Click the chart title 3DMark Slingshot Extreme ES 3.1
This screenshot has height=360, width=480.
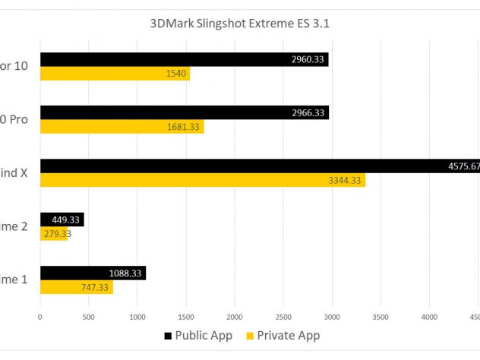click(x=240, y=23)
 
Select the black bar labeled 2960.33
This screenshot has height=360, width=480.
click(x=184, y=60)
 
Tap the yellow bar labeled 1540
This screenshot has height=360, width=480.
click(x=115, y=74)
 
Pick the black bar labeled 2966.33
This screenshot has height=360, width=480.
click(x=184, y=113)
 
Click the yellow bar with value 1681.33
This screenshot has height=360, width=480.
click(x=122, y=127)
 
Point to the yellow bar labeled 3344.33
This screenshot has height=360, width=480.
click(x=202, y=180)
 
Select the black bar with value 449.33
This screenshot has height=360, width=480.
click(x=62, y=219)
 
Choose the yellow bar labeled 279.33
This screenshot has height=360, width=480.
click(x=54, y=233)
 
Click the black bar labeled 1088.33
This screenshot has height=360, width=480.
click(x=93, y=273)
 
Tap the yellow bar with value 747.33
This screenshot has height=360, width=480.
click(x=76, y=286)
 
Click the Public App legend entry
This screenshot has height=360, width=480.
click(x=197, y=335)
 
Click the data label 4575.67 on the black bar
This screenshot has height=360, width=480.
click(x=463, y=166)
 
